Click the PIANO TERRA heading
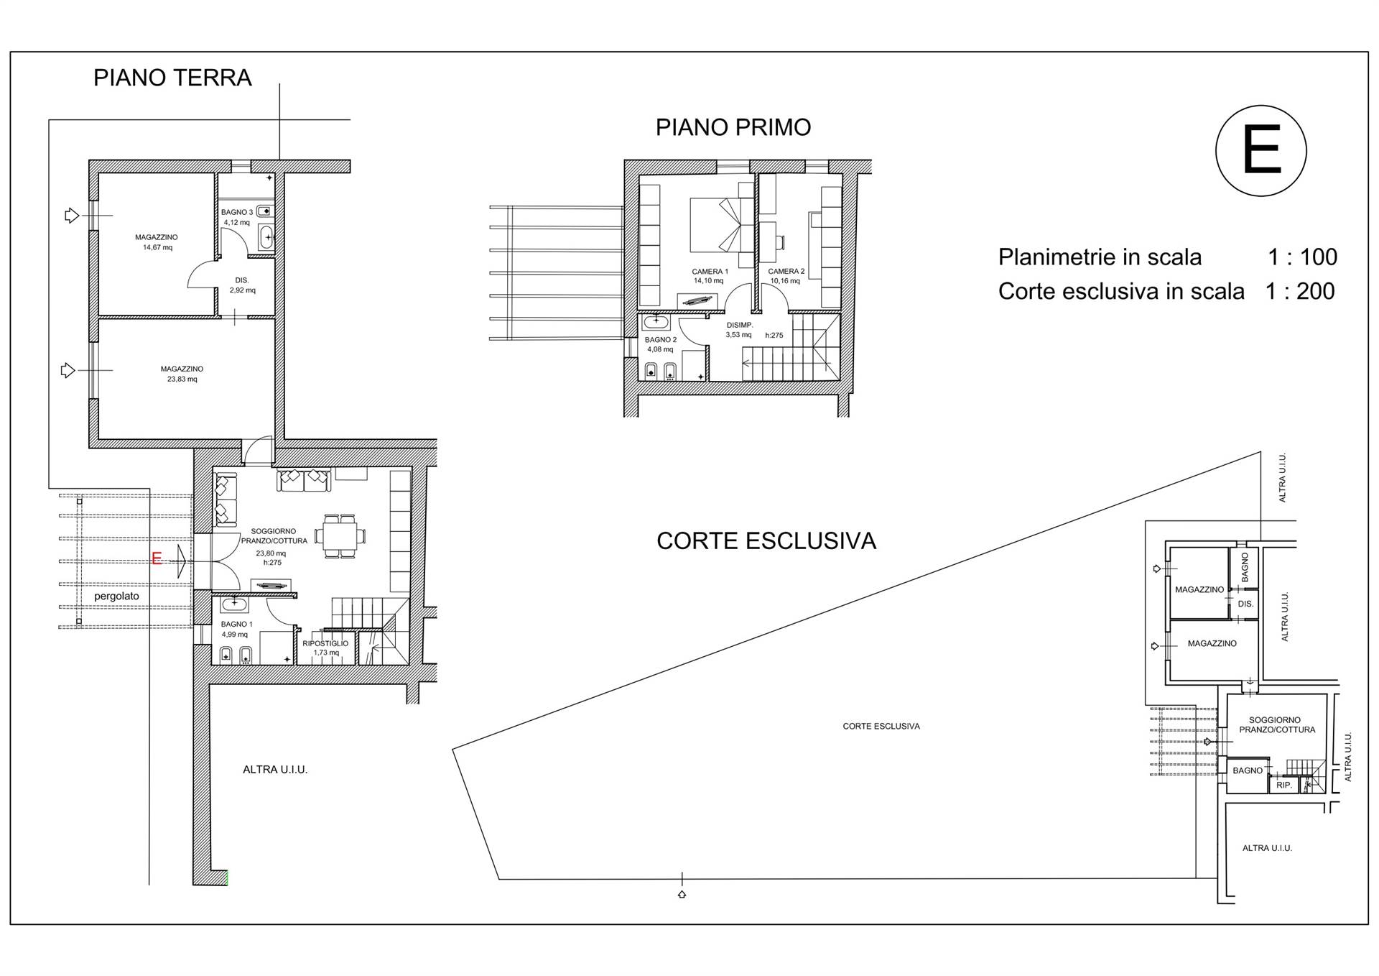[172, 78]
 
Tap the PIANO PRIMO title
[733, 127]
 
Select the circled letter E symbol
[1260, 151]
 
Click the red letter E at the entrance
[157, 558]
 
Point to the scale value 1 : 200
[1300, 291]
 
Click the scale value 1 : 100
[1302, 257]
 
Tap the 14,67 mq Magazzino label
[157, 242]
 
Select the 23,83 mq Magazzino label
[182, 374]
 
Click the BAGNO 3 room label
[237, 212]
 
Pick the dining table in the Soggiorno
[339, 536]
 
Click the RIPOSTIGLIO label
[325, 643]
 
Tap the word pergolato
[116, 597]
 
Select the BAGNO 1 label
[237, 625]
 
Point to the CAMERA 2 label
[786, 272]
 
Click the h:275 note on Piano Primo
[774, 336]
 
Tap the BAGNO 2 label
[661, 340]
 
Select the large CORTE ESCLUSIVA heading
[766, 541]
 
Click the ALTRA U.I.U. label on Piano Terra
[275, 770]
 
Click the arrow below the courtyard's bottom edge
[682, 894]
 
